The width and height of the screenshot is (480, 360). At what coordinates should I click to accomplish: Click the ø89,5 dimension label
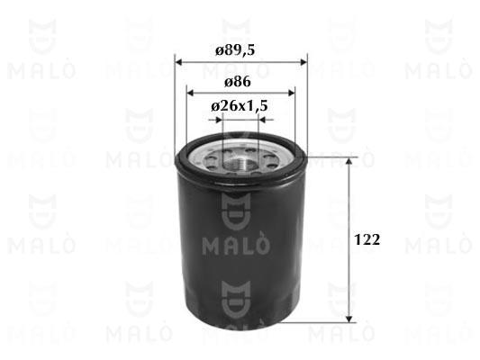[235, 50]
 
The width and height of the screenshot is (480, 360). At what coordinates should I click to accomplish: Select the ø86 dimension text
[237, 82]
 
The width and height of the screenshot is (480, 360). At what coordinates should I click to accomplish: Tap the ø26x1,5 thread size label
[240, 106]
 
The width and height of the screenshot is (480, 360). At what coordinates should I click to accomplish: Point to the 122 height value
[367, 239]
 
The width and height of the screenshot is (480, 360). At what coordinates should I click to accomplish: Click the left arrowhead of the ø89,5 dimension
[178, 62]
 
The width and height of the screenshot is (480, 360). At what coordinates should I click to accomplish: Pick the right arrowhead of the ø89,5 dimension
[303, 62]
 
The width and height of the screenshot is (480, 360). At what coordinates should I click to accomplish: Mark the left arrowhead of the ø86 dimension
[190, 93]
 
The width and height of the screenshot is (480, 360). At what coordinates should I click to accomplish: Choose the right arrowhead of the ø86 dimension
[291, 93]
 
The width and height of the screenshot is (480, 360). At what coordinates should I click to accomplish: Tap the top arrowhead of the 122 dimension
[349, 161]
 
